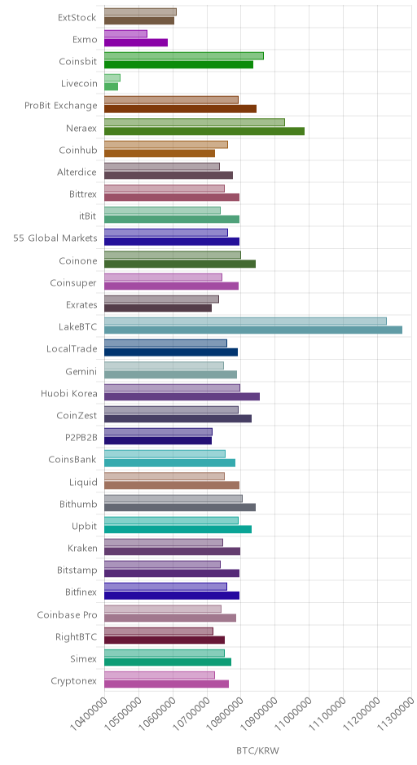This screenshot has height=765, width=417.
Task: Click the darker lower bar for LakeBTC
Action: [x=253, y=330]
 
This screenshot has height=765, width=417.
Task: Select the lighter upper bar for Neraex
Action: [x=195, y=122]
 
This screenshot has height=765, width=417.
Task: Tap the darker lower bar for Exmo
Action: [x=136, y=42]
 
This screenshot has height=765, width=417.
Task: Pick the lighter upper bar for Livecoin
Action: [x=112, y=78]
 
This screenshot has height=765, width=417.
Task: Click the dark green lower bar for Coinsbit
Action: [x=178, y=64]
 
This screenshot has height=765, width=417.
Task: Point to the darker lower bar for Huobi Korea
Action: [x=182, y=396]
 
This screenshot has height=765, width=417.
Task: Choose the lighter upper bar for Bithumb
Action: [x=173, y=499]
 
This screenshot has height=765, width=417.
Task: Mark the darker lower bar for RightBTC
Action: [x=165, y=640]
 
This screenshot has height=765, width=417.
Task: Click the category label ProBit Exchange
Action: [x=61, y=105]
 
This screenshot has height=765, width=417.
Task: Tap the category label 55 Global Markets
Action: [x=55, y=238]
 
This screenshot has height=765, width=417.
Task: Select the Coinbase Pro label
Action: [x=68, y=614]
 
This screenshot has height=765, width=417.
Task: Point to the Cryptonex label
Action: [x=74, y=681]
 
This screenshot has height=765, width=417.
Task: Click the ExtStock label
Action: [x=77, y=18]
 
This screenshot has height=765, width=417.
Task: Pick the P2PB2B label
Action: [x=81, y=438]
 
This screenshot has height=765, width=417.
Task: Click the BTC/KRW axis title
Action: [x=257, y=751]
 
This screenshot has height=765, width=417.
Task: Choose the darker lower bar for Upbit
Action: [x=178, y=529]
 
